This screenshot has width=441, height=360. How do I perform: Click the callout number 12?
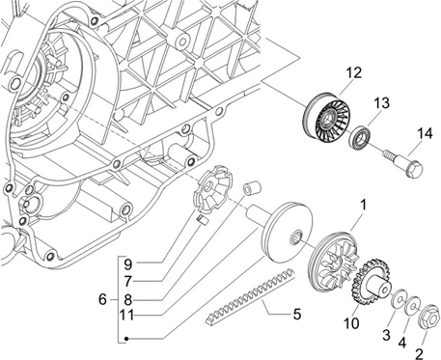point(354,72)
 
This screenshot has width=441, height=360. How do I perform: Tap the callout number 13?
point(381,103)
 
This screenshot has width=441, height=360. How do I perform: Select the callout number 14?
point(425,133)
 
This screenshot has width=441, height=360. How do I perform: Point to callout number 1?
point(363,205)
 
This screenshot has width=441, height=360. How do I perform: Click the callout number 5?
point(297,314)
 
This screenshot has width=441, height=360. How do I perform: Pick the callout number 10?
point(351,323)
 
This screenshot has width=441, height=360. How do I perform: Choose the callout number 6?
point(102,299)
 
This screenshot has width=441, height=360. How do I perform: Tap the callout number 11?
point(126,315)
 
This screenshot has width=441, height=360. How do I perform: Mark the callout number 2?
point(419,354)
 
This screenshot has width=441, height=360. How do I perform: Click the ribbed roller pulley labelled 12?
point(326,117)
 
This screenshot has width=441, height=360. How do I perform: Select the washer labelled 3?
point(399,298)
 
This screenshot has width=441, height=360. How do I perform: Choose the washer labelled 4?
point(413,305)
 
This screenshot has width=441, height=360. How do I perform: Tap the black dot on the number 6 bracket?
point(126,339)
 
